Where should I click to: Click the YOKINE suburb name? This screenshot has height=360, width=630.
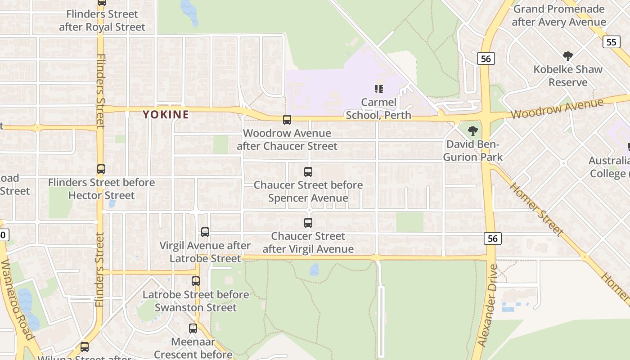pyautogui.click(x=166, y=115)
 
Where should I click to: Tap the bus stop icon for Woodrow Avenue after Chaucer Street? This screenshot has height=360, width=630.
pyautogui.click(x=287, y=120)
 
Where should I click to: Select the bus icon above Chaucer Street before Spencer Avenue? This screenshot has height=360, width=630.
pyautogui.click(x=308, y=171)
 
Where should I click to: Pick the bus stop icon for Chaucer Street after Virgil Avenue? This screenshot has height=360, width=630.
pyautogui.click(x=308, y=222)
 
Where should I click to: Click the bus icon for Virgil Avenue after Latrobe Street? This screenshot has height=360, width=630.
pyautogui.click(x=205, y=232)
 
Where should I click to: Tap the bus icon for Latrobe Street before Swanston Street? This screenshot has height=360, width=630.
pyautogui.click(x=196, y=281)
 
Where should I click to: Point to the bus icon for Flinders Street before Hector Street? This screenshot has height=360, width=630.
pyautogui.click(x=101, y=169)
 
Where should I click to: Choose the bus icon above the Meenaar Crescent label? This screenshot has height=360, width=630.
pyautogui.click(x=193, y=328)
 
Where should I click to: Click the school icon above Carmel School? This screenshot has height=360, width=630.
pyautogui.click(x=378, y=89)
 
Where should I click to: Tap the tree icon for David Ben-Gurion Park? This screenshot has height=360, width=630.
pyautogui.click(x=472, y=131)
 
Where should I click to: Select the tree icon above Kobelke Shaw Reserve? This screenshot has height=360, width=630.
pyautogui.click(x=568, y=56)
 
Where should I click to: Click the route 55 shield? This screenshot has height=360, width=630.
pyautogui.click(x=611, y=42)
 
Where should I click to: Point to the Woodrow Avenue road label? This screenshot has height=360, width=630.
pyautogui.click(x=557, y=109)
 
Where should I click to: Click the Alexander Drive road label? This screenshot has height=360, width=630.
pyautogui.click(x=488, y=305)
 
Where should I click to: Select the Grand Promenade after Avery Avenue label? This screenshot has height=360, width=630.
pyautogui.click(x=559, y=15)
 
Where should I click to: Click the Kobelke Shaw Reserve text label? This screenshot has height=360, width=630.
pyautogui.click(x=568, y=76)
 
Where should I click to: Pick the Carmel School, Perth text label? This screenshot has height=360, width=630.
pyautogui.click(x=378, y=108)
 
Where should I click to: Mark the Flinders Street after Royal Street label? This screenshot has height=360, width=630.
pyautogui.click(x=102, y=20)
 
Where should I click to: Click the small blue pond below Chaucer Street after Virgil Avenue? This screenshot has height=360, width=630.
pyautogui.click(x=314, y=270)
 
